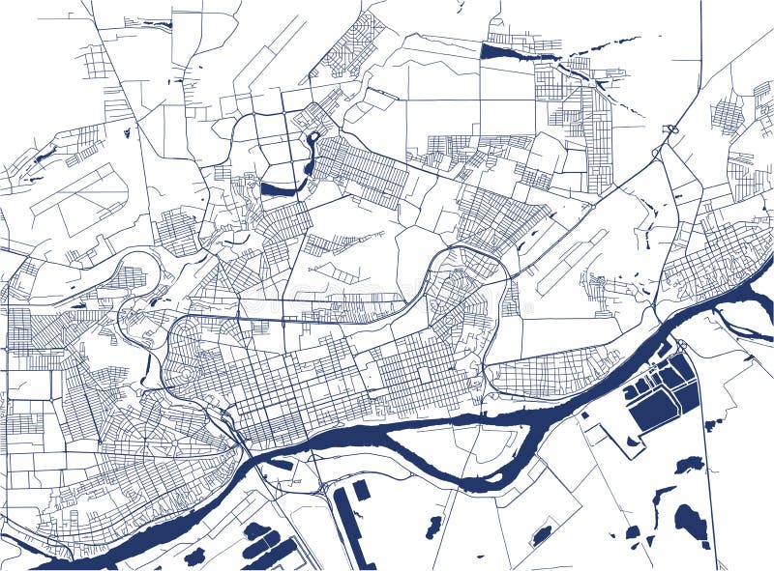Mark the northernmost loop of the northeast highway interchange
click(x=670, y=128)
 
